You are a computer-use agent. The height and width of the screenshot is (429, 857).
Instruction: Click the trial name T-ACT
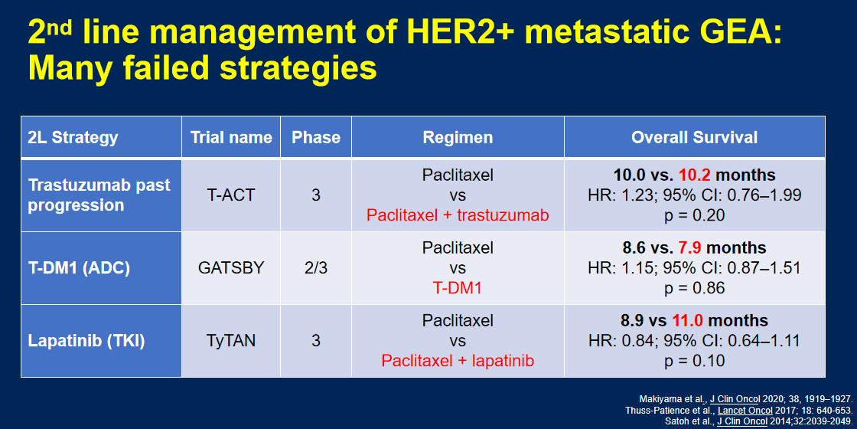point(230,195)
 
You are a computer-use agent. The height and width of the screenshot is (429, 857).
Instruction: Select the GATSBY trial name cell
point(230,268)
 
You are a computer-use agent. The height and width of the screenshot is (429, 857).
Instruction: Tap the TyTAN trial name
point(230,341)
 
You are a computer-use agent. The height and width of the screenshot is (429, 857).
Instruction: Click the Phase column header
point(316,137)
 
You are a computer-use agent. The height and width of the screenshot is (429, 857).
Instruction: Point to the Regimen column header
point(458,137)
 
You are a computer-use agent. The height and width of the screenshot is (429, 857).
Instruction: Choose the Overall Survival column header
point(695,137)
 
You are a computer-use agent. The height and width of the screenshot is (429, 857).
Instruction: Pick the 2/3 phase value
point(316,268)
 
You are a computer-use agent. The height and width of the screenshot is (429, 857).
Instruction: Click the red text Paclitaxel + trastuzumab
point(458,215)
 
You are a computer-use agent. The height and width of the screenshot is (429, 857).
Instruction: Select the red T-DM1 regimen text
point(458,288)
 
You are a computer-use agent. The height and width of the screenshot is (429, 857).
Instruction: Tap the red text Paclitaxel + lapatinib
point(458,361)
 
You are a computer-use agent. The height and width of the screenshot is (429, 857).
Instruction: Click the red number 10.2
point(695,175)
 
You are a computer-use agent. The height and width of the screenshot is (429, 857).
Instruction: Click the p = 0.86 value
point(695,288)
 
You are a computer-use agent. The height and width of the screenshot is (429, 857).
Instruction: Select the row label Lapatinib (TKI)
point(86,341)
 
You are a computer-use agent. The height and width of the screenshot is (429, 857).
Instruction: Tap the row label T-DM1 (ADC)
point(79,268)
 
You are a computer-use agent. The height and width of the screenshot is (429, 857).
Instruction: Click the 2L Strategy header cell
point(102,137)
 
